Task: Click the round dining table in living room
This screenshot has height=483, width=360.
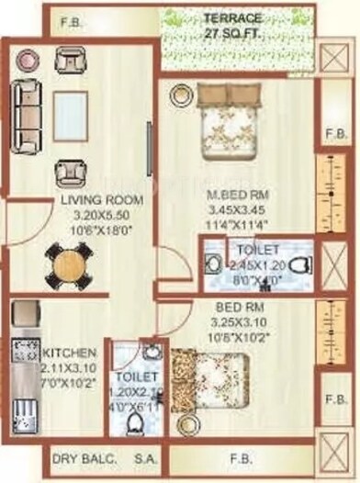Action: click(65, 265)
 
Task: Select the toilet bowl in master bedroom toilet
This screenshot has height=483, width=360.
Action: click(297, 267)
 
